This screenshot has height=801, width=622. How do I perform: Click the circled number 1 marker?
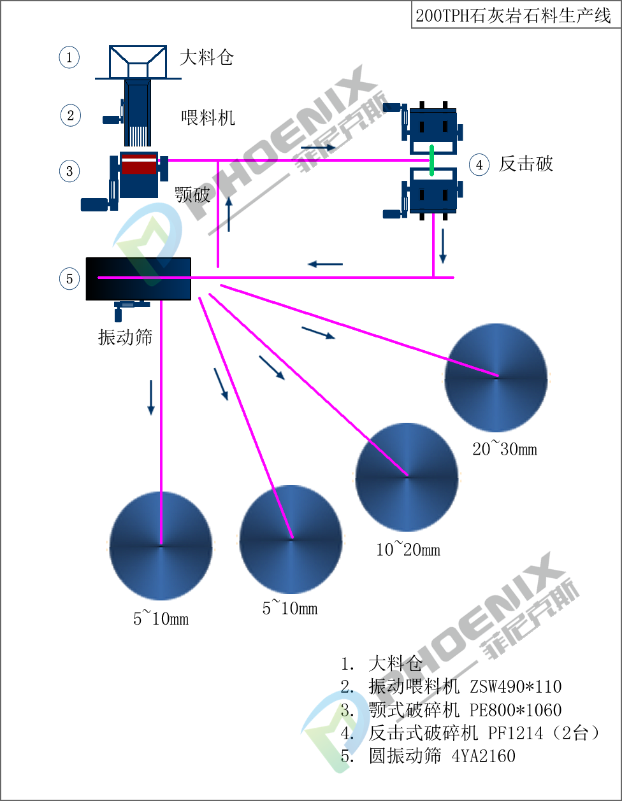click(69, 57)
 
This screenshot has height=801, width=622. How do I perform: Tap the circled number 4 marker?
click(479, 165)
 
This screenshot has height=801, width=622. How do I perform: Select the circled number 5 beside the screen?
click(69, 278)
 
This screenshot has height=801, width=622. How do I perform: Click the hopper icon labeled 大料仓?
click(138, 61)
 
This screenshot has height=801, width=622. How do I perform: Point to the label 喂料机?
click(208, 117)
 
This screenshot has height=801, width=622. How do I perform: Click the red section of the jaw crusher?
click(139, 164)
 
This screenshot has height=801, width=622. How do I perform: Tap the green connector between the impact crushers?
click(432, 160)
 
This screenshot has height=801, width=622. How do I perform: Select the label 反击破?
click(526, 164)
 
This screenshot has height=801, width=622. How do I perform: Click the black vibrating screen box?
click(138, 278)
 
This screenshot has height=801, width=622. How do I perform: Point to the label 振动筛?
click(125, 337)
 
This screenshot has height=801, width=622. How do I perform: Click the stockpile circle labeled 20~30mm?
click(496, 377)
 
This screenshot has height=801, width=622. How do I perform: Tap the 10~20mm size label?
click(408, 549)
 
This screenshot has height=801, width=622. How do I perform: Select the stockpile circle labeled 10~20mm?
click(407, 476)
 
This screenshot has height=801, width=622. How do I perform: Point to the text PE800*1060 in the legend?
click(516, 709)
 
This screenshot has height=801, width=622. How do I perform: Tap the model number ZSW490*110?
click(516, 686)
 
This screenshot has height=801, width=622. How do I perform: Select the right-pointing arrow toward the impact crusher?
click(317, 148)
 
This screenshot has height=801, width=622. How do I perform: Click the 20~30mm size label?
click(505, 450)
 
